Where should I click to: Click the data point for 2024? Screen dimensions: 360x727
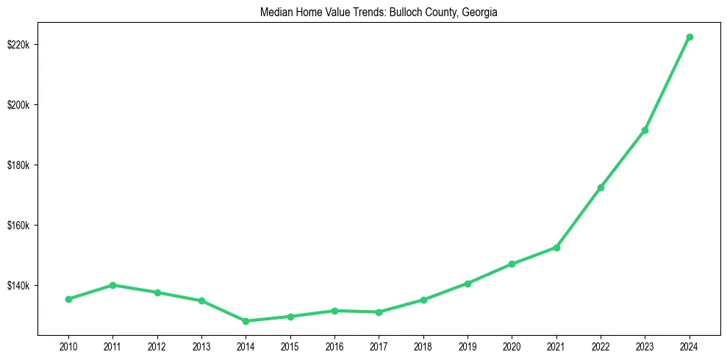pyautogui.click(x=690, y=37)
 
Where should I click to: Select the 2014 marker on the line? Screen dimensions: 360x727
pyautogui.click(x=246, y=321)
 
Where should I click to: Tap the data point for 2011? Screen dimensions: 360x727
pyautogui.click(x=112, y=285)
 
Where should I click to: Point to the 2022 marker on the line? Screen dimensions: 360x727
pyautogui.click(x=601, y=187)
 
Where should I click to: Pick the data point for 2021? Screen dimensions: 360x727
pyautogui.click(x=556, y=248)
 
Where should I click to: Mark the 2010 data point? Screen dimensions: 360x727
pyautogui.click(x=68, y=299)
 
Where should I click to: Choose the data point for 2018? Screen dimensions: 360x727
pyautogui.click(x=423, y=300)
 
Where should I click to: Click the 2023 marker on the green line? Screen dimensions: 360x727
pyautogui.click(x=645, y=130)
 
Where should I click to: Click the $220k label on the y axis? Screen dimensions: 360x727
pyautogui.click(x=18, y=45)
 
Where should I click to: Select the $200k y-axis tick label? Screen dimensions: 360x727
pyautogui.click(x=18, y=105)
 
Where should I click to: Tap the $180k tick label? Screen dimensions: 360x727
pyautogui.click(x=18, y=165)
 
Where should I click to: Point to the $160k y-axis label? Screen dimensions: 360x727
pyautogui.click(x=18, y=226)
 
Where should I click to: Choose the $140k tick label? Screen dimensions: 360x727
pyautogui.click(x=18, y=286)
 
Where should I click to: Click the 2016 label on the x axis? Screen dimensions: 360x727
pyautogui.click(x=334, y=345)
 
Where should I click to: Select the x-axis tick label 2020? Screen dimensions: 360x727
pyautogui.click(x=512, y=345)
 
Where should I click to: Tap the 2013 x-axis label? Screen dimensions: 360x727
pyautogui.click(x=201, y=345)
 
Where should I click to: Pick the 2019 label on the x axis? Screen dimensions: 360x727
pyautogui.click(x=468, y=345)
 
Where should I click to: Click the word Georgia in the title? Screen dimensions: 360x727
pyautogui.click(x=481, y=12)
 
